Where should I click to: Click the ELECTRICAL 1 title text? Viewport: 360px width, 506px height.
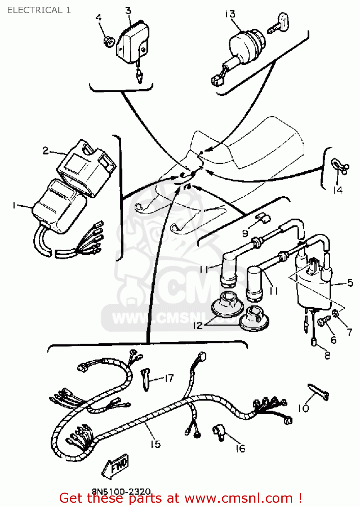pyautogui.click(x=39, y=10)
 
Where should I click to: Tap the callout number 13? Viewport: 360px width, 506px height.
pyautogui.click(x=230, y=14)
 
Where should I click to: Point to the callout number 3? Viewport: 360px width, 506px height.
pyautogui.click(x=128, y=11)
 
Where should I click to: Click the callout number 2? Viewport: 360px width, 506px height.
pyautogui.click(x=46, y=150)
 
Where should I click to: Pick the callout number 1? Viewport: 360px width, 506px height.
pyautogui.click(x=14, y=205)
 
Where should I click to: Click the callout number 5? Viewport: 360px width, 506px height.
pyautogui.click(x=350, y=283)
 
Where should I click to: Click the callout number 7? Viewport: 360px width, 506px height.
pyautogui.click(x=350, y=332)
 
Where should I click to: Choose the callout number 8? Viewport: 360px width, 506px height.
pyautogui.click(x=327, y=355)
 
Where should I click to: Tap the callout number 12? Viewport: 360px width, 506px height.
pyautogui.click(x=197, y=326)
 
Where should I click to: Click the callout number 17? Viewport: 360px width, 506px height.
pyautogui.click(x=169, y=378)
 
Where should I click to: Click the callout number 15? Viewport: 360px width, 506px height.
pyautogui.click(x=156, y=444)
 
